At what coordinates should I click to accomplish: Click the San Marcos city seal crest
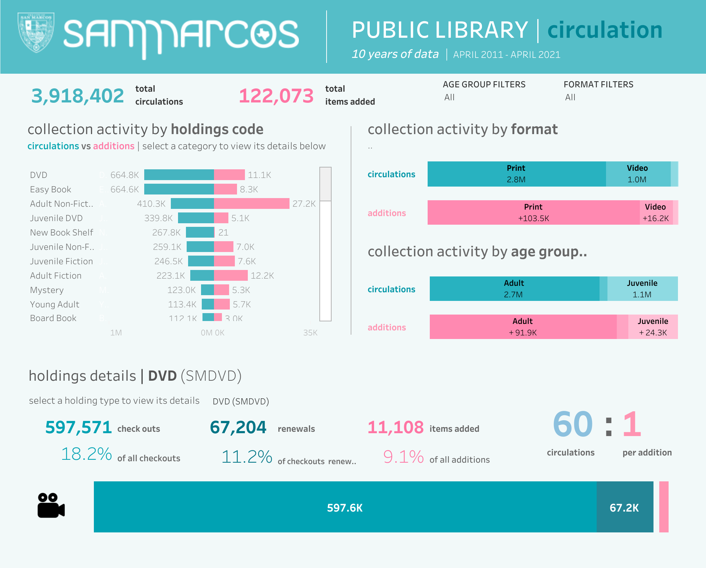pos(36,32)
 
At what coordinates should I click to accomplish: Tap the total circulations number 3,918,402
pos(78,96)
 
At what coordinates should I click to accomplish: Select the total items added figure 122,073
pos(276,96)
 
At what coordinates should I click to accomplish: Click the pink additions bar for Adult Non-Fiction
pos(251,203)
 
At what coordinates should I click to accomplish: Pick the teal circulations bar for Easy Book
pos(179,189)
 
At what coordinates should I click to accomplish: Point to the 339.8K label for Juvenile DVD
pos(158,218)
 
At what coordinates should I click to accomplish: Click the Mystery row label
pos(47,290)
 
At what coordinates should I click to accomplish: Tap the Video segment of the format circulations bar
pos(638,174)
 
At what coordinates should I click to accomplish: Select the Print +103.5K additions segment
pos(533,212)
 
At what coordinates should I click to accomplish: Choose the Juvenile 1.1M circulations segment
pos(642,289)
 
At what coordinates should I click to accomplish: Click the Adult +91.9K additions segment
pos(523,327)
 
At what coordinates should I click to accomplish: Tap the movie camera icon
pos(51,505)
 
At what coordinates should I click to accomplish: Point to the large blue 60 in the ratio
pos(573,425)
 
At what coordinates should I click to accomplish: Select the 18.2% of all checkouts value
pos(87,454)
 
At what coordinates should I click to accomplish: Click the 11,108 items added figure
pos(396,427)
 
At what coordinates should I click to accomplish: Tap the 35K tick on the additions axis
pos(310,333)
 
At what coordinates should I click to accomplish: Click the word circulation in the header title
pos(605,30)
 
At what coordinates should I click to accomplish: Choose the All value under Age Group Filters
pos(450,97)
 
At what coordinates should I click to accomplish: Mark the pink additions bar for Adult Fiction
pos(231,275)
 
